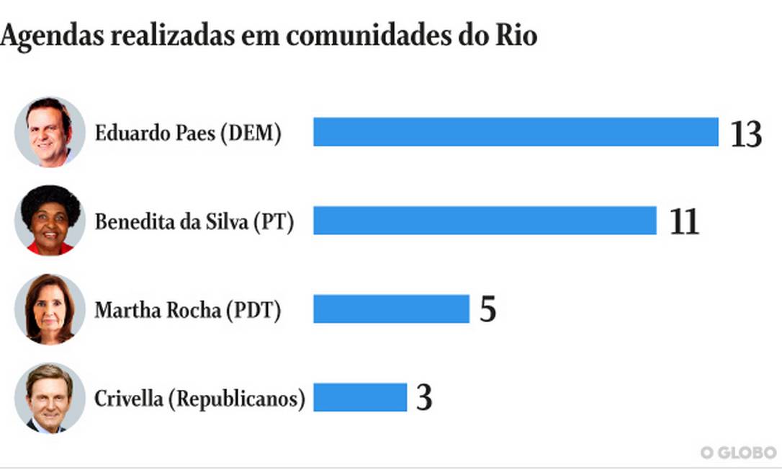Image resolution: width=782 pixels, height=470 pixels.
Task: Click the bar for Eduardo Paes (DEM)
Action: coord(516,132)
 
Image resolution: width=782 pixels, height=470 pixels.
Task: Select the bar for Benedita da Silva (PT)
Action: coord(485,221)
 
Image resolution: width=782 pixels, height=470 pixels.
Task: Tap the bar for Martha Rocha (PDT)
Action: coord(391,309)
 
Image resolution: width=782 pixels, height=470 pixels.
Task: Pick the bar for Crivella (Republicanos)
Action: coord(360,397)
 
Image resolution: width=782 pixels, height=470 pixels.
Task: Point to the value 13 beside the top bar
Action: coord(746,134)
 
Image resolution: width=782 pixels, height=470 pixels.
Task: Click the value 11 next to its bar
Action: coord(683,222)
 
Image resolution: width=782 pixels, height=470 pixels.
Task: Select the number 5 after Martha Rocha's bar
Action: coord(487,310)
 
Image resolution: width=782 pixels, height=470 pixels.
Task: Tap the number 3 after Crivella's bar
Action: coord(424,398)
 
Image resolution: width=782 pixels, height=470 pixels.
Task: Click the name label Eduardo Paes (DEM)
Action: coord(188,133)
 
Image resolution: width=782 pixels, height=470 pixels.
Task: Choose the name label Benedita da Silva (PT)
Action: coord(194,221)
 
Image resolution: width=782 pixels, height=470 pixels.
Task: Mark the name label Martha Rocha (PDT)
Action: coord(188,310)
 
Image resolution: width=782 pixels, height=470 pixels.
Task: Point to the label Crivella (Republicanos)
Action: coord(199,398)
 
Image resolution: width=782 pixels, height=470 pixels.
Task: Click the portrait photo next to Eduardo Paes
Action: coord(50,132)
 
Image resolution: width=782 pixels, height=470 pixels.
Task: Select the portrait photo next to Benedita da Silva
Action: coord(50,220)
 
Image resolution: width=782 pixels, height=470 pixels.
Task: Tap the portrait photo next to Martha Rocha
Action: coord(50,309)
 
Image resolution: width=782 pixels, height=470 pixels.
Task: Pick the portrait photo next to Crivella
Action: coord(50,397)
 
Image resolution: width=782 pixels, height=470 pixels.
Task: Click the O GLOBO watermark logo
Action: coord(739,452)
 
